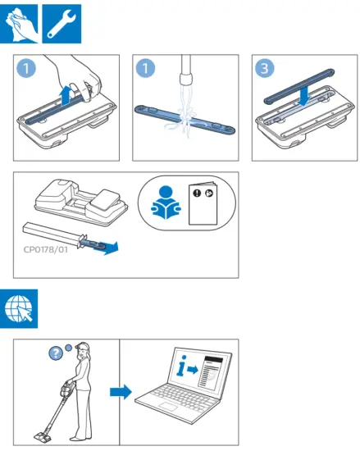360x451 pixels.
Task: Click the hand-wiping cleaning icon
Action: tap(19, 24)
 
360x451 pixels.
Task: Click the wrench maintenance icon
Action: tap(62, 24)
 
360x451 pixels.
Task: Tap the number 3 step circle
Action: tap(264, 68)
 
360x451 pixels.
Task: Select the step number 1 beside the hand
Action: tap(26, 68)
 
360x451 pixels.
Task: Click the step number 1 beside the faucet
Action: tap(145, 68)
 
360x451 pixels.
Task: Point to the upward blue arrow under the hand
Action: tap(66, 95)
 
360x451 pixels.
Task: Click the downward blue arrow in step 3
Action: tap(304, 96)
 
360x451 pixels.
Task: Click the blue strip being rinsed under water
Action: tap(185, 120)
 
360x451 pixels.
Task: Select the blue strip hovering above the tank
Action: tap(299, 86)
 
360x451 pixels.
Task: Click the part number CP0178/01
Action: tap(46, 249)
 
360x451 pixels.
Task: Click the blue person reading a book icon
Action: tap(166, 203)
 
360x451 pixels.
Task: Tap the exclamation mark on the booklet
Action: tap(197, 193)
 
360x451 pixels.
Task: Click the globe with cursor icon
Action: tap(19, 308)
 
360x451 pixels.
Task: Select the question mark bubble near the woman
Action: tap(56, 353)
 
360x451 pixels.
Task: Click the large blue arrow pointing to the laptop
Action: tap(121, 391)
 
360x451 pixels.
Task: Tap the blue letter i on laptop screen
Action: tap(181, 366)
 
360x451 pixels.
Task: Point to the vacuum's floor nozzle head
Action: tap(44, 436)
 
